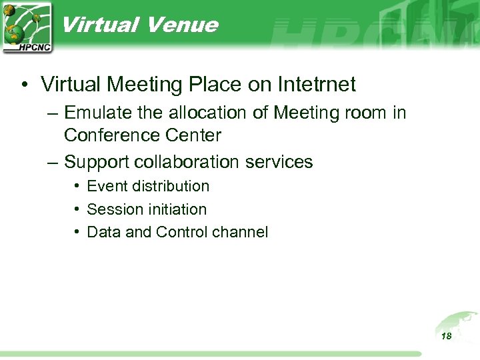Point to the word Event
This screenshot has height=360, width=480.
(106, 186)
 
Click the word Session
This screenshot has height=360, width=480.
(113, 209)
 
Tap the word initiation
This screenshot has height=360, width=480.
(176, 209)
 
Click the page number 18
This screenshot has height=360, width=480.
(446, 336)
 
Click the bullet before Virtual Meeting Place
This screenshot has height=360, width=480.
(23, 85)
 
